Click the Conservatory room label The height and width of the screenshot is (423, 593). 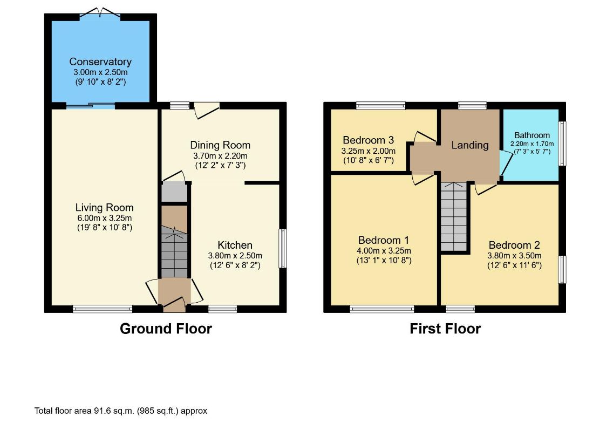point(100,62)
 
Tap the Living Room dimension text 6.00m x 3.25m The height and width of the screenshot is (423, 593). point(104,218)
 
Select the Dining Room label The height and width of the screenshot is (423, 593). point(220,145)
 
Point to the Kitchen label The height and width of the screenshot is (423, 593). point(235,245)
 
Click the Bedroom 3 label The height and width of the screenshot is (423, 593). point(369,140)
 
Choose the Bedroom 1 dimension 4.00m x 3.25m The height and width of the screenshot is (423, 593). point(384,251)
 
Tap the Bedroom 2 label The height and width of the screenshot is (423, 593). point(514,245)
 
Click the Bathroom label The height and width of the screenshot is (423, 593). point(531,135)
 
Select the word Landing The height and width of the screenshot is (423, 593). point(470,145)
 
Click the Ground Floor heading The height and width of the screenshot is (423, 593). point(166,329)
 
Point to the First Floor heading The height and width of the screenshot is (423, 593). point(445,329)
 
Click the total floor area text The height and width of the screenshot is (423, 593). point(121,411)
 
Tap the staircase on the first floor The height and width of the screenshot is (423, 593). point(454,217)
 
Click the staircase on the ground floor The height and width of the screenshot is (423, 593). point(174,252)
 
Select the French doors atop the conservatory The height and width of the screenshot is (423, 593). point(100,13)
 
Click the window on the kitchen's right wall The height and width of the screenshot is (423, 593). point(283,248)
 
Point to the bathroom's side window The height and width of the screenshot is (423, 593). point(562,144)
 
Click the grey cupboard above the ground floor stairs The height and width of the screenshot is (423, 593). point(174,193)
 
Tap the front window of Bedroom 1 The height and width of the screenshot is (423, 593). point(382,309)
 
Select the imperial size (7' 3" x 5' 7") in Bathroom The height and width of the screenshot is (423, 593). point(531,151)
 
